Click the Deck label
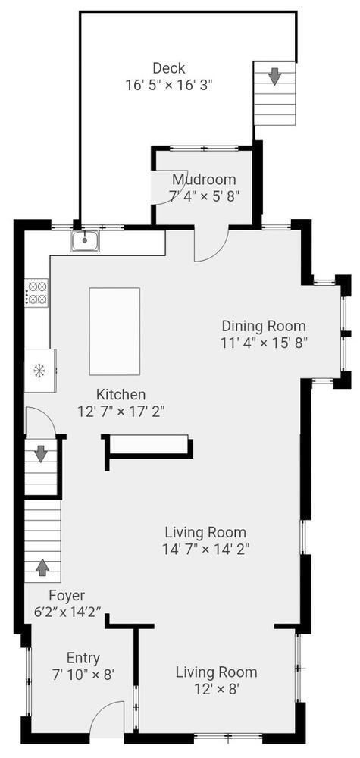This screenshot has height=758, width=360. pyautogui.click(x=168, y=67)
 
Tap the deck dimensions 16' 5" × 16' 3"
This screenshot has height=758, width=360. pyautogui.click(x=168, y=85)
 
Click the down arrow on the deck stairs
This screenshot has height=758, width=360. pyautogui.click(x=274, y=76)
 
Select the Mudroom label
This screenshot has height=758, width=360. pyautogui.click(x=203, y=180)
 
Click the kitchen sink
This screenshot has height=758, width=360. pyautogui.click(x=86, y=241)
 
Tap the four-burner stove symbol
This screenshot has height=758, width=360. pyautogui.click(x=37, y=293)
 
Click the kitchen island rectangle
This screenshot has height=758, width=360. pyautogui.click(x=114, y=331)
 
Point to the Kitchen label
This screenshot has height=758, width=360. pyautogui.click(x=121, y=394)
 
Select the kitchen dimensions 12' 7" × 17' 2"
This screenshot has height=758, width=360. pyautogui.click(x=121, y=411)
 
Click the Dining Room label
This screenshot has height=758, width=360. pyautogui.click(x=263, y=326)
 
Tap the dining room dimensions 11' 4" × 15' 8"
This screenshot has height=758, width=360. pyautogui.click(x=263, y=343)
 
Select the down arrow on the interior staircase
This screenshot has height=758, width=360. pyautogui.click(x=40, y=454)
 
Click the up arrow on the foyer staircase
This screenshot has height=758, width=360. pyautogui.click(x=42, y=565)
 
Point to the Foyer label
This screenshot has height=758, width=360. pyautogui.click(x=67, y=596)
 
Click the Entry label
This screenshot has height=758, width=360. pyautogui.click(x=83, y=658)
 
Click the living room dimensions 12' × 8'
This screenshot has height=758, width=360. pyautogui.click(x=216, y=689)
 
